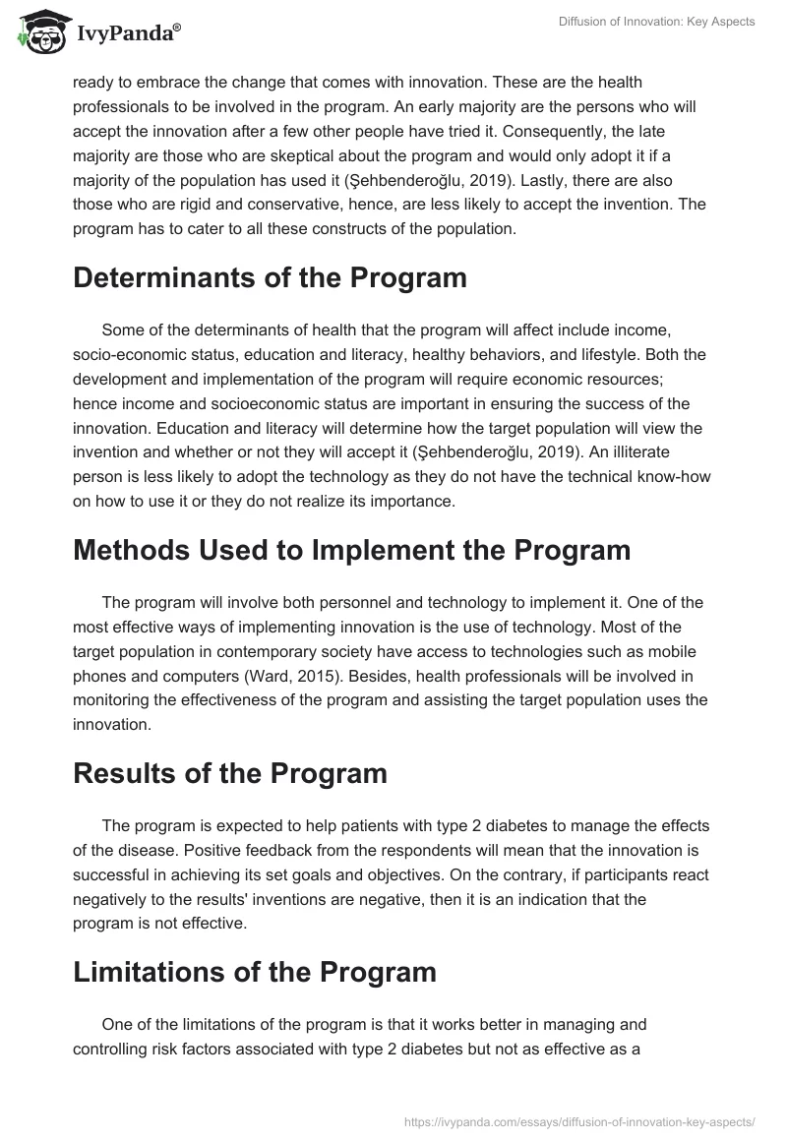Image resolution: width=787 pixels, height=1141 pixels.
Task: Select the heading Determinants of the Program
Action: coord(270,278)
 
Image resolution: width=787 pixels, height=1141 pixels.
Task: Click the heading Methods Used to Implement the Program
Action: coord(351,550)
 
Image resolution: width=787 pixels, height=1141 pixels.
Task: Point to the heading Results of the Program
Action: coord(229,773)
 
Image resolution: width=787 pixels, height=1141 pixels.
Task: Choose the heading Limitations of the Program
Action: coord(254,972)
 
